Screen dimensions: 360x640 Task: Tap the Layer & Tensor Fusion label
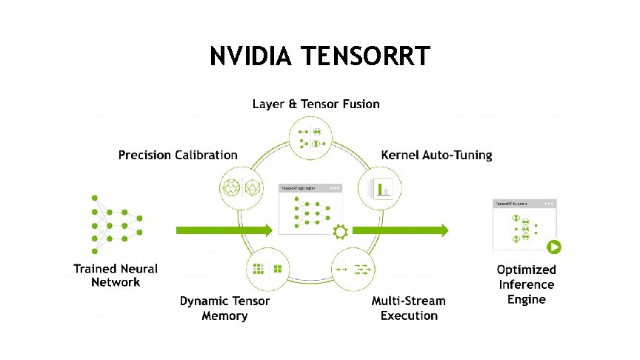coord(316,103)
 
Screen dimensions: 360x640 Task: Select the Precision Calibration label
coord(178,155)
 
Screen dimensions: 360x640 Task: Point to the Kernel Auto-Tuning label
coord(436,155)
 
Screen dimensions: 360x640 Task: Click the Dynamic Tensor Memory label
coord(224,308)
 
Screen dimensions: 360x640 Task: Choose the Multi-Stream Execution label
coord(409,308)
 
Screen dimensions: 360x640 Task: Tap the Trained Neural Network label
coord(116,275)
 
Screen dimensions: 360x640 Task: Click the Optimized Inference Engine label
coord(526,284)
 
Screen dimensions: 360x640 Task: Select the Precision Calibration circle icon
coord(242,187)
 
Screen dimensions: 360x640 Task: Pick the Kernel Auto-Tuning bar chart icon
coord(380,187)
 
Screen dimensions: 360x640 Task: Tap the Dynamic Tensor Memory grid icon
coord(267,269)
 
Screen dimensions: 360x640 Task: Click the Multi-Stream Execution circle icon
coord(355,269)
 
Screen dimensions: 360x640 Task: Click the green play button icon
coord(553,248)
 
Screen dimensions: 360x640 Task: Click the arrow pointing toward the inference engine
coord(400,230)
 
